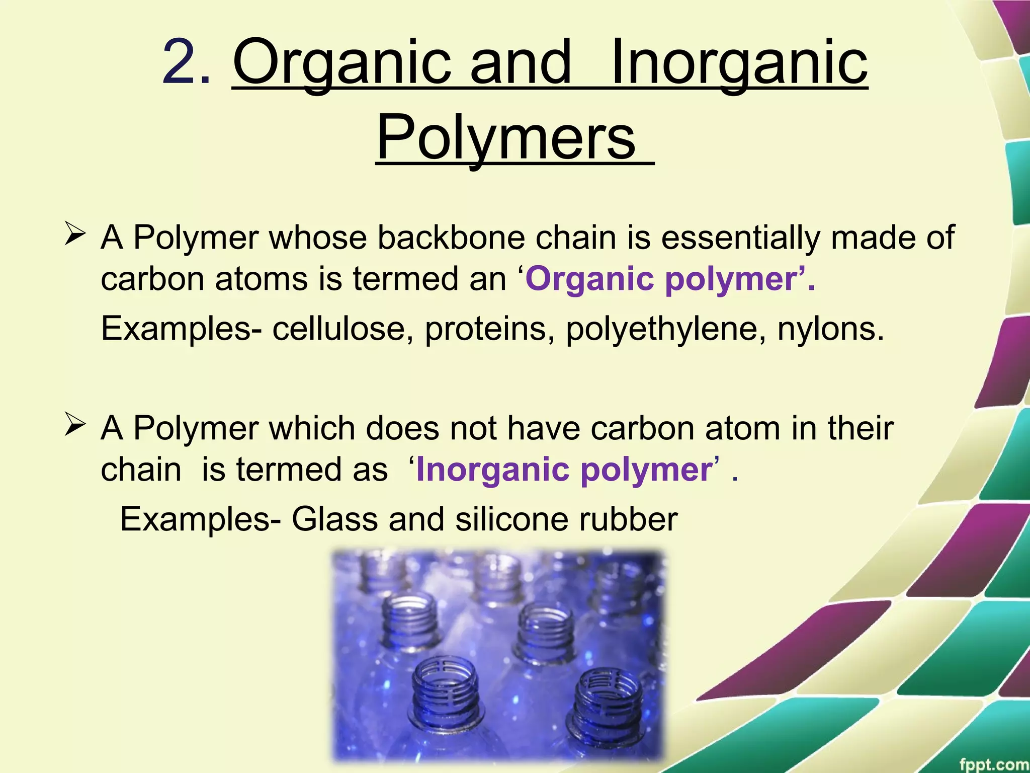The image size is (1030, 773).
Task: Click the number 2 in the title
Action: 180,64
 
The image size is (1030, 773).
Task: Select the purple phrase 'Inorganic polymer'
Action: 563,469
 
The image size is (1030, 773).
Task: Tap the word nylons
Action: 830,328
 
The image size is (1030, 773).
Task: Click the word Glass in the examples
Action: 334,519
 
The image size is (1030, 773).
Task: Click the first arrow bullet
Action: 75,236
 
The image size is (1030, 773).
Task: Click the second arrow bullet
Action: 75,426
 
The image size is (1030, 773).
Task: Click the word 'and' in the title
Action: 521,64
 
